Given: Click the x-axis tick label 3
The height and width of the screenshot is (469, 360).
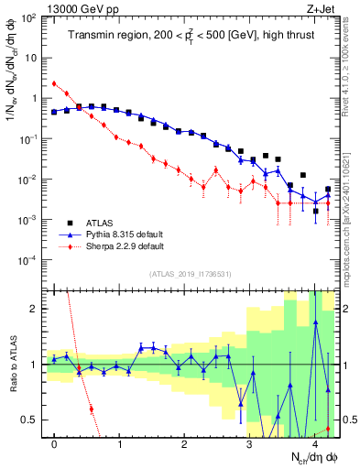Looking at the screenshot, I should (x=249, y=444).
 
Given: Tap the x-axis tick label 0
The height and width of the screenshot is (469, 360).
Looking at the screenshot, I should (x=55, y=444).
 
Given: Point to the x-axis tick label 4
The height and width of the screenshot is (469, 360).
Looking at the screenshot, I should (x=314, y=444).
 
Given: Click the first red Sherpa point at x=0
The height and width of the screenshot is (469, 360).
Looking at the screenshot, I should (x=55, y=83).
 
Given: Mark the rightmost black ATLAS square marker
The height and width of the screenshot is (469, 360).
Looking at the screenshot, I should (x=328, y=190).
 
